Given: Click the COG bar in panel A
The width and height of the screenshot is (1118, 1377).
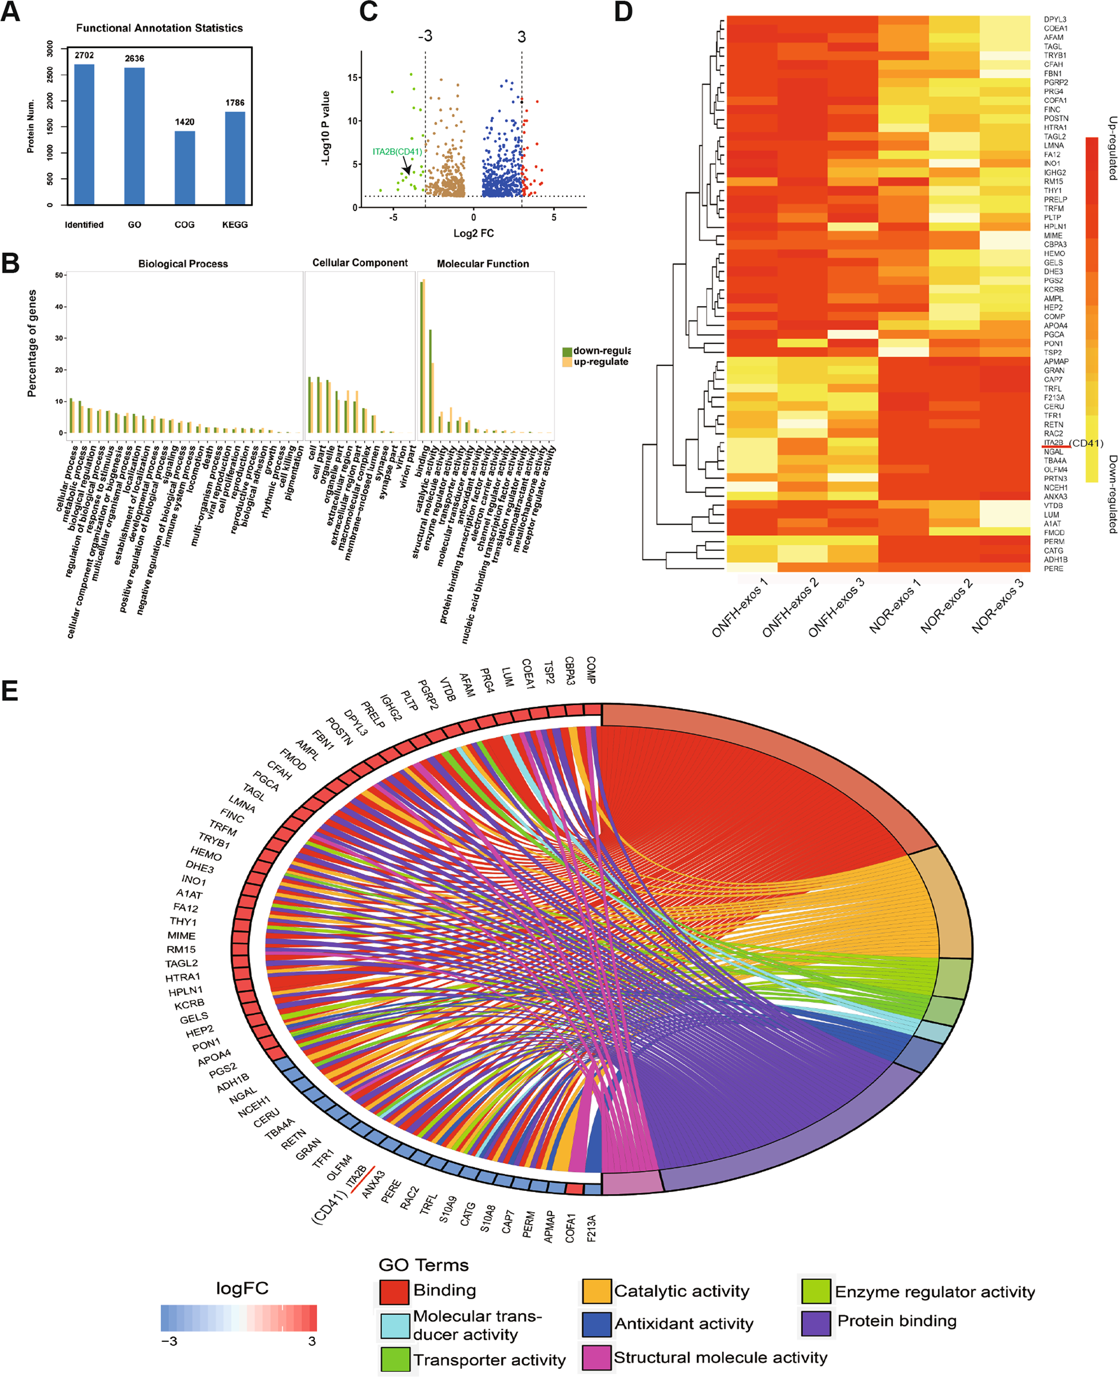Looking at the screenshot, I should (x=184, y=169).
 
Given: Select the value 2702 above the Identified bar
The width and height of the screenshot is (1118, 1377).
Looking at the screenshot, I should (x=84, y=55).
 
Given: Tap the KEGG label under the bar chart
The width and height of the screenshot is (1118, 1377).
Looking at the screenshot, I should (x=234, y=225).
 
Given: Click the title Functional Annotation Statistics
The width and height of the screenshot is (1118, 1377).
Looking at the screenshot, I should (x=159, y=28).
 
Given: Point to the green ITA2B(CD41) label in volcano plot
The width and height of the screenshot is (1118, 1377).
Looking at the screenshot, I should (x=398, y=152).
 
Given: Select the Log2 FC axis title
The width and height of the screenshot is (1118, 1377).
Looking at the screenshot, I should (x=473, y=233).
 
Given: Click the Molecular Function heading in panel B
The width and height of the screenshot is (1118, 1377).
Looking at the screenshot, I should (x=483, y=264).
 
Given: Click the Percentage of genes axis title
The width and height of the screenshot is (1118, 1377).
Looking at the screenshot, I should (x=32, y=344).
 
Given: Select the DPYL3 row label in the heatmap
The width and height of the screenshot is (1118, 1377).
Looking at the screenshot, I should (x=1055, y=20).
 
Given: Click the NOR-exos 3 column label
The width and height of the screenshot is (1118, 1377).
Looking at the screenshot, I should (x=997, y=606).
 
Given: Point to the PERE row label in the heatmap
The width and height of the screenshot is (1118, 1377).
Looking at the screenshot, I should (x=1054, y=569).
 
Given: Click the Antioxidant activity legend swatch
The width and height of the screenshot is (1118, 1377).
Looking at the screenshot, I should (x=596, y=1324).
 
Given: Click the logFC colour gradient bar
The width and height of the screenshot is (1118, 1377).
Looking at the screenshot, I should (x=239, y=1318).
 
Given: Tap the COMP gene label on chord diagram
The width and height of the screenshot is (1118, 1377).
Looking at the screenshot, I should (x=591, y=670).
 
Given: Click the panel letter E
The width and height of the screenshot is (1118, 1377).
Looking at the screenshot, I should (x=10, y=691).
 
